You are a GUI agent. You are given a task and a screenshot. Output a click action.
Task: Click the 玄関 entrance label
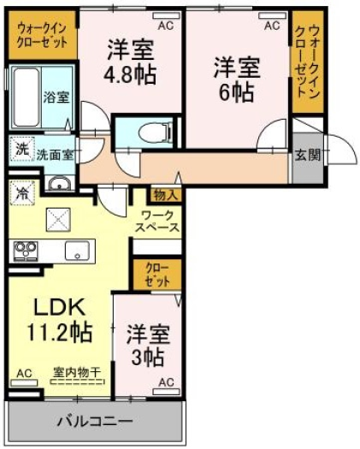point(308,156)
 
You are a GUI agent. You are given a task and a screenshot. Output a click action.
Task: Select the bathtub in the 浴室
point(26,97)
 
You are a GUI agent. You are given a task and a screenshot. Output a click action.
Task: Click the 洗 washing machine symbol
point(22,149)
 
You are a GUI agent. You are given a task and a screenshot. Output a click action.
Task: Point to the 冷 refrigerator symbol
point(21,193)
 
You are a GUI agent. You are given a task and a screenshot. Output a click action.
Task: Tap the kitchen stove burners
point(26,251)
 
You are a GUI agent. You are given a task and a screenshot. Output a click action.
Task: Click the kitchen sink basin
point(77,251)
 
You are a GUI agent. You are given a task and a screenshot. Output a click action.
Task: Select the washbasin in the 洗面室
point(60,184)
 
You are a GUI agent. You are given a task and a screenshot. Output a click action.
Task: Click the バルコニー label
point(96,422)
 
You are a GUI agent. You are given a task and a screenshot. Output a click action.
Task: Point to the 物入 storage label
point(164,195)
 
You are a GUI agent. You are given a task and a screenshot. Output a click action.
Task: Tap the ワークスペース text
point(157,222)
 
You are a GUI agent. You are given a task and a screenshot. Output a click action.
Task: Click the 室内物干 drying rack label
point(77,372)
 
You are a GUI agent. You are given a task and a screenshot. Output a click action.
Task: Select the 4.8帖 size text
point(129,74)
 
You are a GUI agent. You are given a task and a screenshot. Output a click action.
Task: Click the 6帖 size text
point(237,92)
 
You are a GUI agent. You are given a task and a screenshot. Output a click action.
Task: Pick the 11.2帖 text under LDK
point(60,332)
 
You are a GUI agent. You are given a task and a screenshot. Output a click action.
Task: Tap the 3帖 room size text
point(148,357)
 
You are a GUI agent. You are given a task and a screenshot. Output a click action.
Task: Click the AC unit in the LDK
point(24,382)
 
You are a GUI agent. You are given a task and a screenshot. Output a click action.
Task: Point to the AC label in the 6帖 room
point(272,26)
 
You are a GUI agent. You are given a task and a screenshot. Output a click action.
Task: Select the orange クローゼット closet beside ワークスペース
point(157,275)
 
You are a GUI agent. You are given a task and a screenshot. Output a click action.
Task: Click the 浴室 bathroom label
point(56,97)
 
